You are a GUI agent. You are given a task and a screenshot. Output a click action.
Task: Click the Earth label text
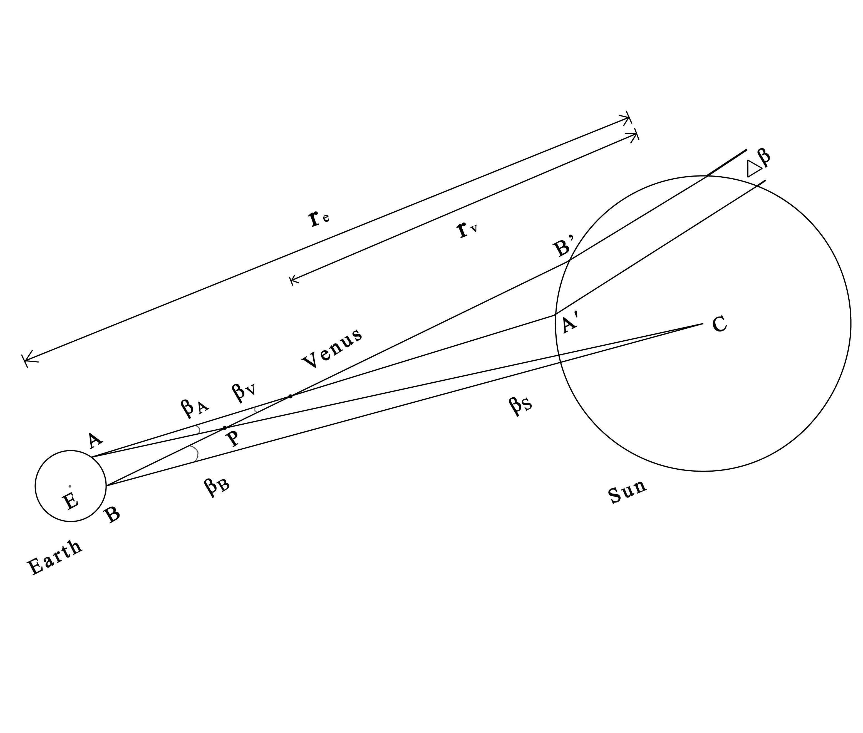(x=54, y=557)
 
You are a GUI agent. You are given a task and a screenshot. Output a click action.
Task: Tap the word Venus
(x=332, y=348)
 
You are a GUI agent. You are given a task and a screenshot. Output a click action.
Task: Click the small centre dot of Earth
(x=70, y=486)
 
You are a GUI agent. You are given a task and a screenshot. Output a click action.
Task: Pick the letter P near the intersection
(x=234, y=439)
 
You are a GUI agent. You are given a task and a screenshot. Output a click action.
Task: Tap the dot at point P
(x=225, y=428)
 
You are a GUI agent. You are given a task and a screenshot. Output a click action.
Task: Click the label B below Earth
(x=112, y=515)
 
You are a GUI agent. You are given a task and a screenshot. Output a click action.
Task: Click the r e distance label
(x=319, y=218)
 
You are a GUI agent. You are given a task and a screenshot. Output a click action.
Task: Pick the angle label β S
(x=520, y=405)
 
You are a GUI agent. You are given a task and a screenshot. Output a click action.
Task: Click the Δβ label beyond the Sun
(x=758, y=163)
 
